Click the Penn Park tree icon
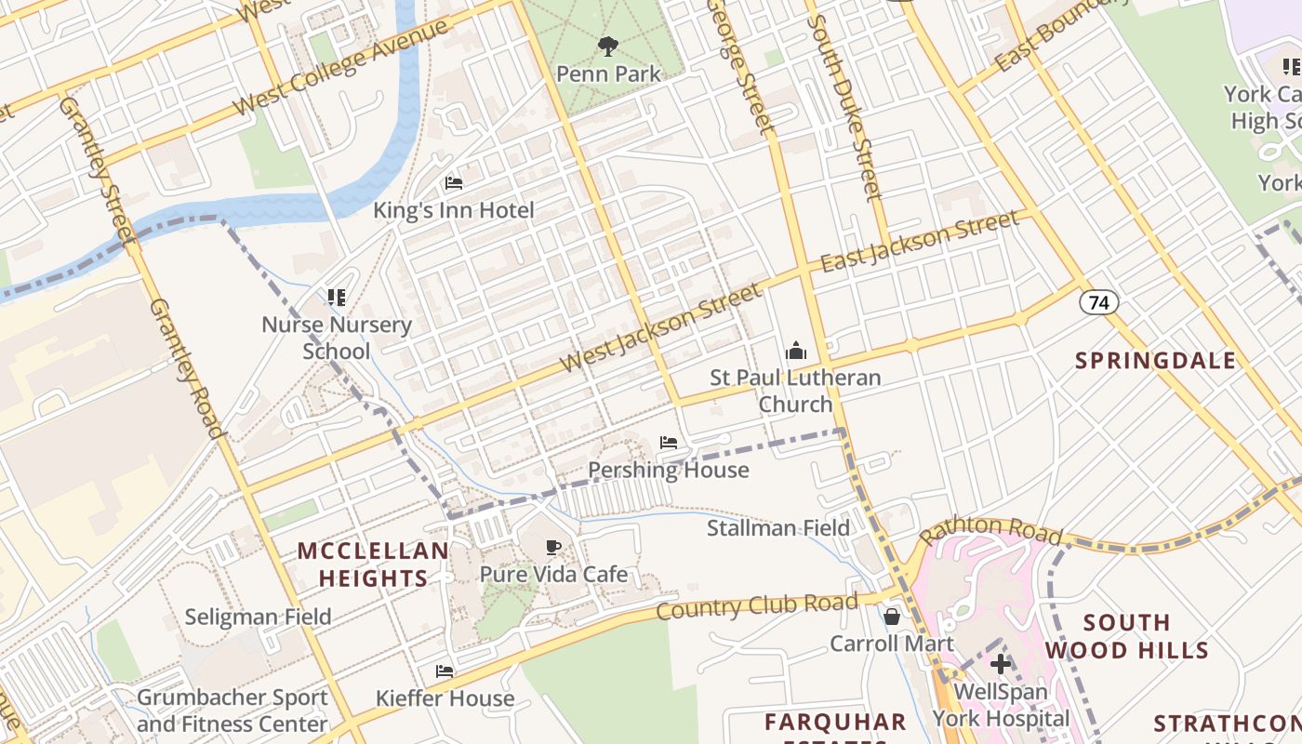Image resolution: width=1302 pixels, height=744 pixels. tap(608, 46)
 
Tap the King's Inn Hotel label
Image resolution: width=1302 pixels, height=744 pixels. tap(454, 210)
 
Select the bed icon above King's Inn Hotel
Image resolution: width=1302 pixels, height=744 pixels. tap(454, 182)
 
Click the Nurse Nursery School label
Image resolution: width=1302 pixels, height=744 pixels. tap(337, 338)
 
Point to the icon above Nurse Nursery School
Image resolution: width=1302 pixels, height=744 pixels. tap(337, 298)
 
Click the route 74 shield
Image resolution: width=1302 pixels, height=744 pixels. tap(1098, 302)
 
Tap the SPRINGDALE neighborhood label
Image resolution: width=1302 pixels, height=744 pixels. tap(1156, 361)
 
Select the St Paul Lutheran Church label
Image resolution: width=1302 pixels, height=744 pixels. tap(795, 391)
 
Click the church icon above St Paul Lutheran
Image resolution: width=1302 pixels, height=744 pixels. tap(795, 352)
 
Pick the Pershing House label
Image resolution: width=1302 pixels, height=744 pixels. tap(669, 470)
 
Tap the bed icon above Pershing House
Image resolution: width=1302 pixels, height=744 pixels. tap(669, 443)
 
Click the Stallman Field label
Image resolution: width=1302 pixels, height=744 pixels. tap(778, 528)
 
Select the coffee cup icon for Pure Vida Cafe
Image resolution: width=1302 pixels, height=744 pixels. tap(553, 547)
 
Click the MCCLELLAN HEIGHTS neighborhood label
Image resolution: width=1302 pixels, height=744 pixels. tap(373, 565)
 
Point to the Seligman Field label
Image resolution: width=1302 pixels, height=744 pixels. tap(258, 617)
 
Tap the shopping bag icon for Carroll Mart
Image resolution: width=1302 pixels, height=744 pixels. tap(891, 616)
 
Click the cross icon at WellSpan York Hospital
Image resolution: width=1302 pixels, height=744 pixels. tap(1001, 664)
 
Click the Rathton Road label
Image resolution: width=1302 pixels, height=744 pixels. tap(990, 531)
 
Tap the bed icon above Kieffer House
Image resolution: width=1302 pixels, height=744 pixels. tap(445, 671)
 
